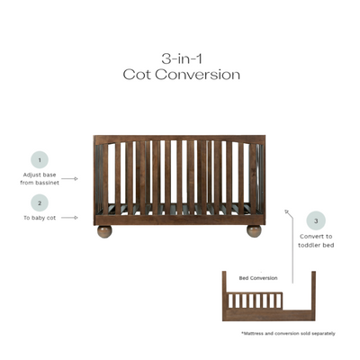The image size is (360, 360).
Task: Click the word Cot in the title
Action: coord(141,75)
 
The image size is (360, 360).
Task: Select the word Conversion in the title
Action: coord(201,75)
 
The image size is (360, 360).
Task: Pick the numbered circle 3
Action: coord(316,220)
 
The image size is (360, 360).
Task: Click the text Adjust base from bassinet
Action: coord(40,178)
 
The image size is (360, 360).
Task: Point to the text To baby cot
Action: coord(40,218)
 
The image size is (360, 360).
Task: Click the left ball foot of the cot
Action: coord(105,231)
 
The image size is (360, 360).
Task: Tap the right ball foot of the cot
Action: coord(255,231)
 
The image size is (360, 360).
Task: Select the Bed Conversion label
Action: coord(258,278)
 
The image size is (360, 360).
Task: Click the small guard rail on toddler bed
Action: coord(260,299)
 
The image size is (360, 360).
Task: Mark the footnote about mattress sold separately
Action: coord(288,334)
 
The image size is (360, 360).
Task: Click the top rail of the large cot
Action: coord(180,139)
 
